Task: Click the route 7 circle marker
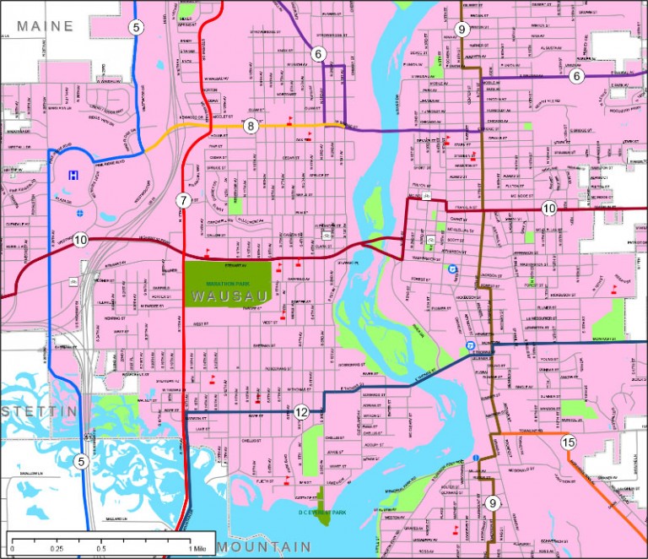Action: coord(183,200)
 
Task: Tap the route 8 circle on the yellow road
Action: coord(251,127)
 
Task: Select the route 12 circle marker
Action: coord(302,412)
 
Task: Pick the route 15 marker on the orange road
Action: coord(568,442)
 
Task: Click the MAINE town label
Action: coord(46,26)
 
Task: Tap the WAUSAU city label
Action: coord(228,296)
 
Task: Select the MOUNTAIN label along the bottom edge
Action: coord(263,547)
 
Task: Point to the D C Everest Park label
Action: coord(323,512)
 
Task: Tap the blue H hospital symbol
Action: coord(74,175)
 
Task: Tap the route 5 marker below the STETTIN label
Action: coord(81,461)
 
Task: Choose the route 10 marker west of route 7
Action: coord(80,240)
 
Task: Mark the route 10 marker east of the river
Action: coord(549,208)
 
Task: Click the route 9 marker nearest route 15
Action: coord(493,503)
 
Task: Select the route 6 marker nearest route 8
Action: coord(318,54)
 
